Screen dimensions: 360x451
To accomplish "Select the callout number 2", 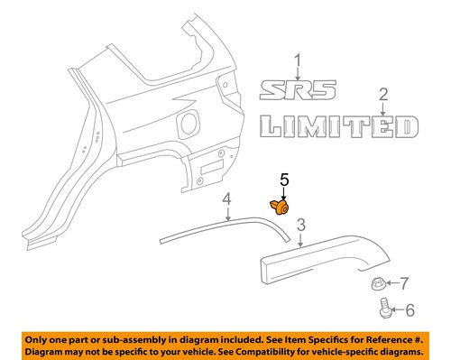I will point(382,94).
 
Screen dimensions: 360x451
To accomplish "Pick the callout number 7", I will point(404,284).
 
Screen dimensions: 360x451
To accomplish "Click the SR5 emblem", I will point(299,89).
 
